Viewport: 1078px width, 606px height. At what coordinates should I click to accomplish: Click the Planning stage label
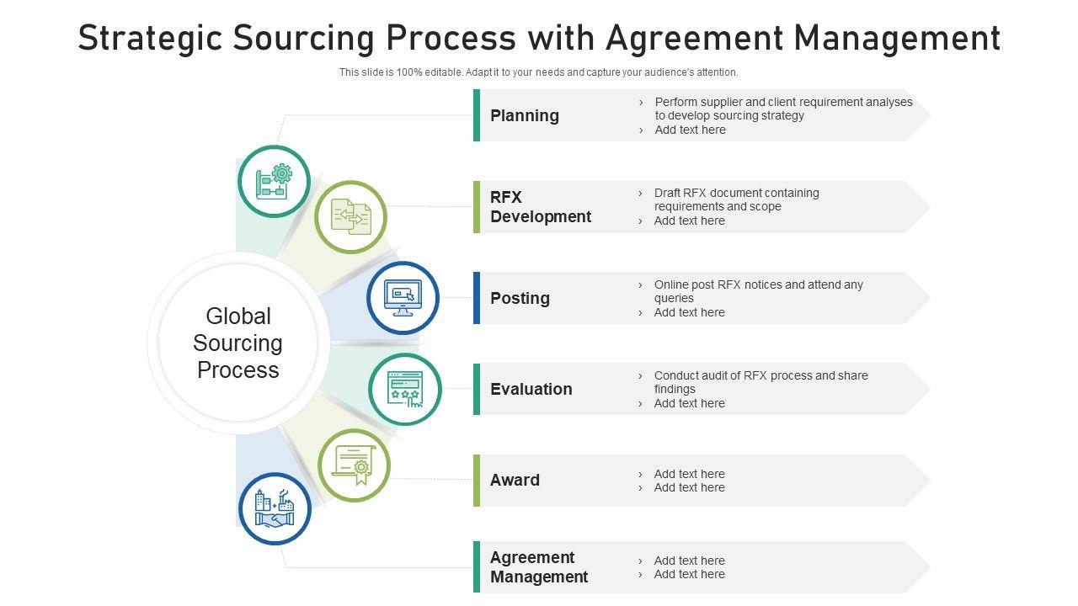tap(525, 115)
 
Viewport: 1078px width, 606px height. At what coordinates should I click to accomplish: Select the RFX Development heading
tap(541, 207)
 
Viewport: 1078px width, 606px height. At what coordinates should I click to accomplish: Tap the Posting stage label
tap(520, 298)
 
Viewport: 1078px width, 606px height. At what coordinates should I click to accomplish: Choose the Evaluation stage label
tap(531, 389)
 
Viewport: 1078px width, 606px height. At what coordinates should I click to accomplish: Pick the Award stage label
tap(515, 480)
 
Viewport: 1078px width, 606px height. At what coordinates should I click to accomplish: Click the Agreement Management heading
tap(539, 567)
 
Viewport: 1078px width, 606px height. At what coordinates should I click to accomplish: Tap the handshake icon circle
tap(275, 508)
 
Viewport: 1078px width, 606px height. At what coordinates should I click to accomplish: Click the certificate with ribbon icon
tap(354, 465)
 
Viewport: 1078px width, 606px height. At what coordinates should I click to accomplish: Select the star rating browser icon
tap(405, 389)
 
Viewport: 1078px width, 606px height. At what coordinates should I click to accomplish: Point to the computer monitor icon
tap(403, 298)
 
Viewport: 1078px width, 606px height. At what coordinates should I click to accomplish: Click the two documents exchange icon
tap(350, 217)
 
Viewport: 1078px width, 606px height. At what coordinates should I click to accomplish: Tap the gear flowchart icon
tap(275, 181)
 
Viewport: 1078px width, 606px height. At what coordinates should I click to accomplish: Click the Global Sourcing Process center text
tap(237, 343)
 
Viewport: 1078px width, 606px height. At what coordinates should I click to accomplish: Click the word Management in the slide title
tap(897, 38)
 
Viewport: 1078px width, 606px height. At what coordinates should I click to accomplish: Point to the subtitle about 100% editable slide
tap(539, 72)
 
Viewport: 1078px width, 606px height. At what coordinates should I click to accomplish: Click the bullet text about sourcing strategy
tap(783, 109)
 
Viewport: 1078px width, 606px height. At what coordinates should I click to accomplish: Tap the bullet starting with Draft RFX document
tap(736, 199)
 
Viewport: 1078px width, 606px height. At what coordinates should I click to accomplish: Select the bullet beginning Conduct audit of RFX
tap(760, 382)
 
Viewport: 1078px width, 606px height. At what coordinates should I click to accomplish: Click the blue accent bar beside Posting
tap(477, 298)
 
